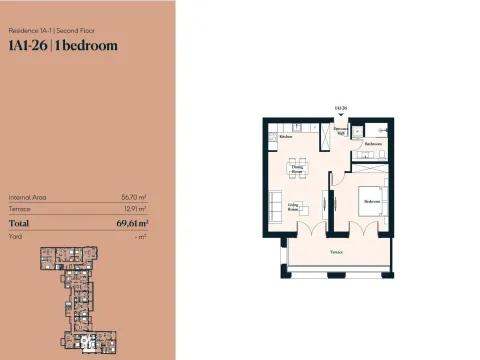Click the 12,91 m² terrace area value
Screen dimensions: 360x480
coord(135,210)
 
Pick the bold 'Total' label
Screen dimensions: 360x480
coord(19,224)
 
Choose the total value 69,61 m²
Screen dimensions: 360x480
coord(131,224)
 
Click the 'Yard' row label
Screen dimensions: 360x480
coord(15,237)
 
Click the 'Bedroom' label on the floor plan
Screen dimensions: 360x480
coord(372,201)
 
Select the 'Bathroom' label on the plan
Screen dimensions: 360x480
coord(374,144)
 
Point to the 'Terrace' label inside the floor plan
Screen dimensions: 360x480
coord(338,252)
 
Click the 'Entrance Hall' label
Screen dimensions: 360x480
coord(340,130)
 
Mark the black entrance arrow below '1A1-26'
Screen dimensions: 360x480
coord(341,115)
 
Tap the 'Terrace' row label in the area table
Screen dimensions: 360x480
coord(20,210)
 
